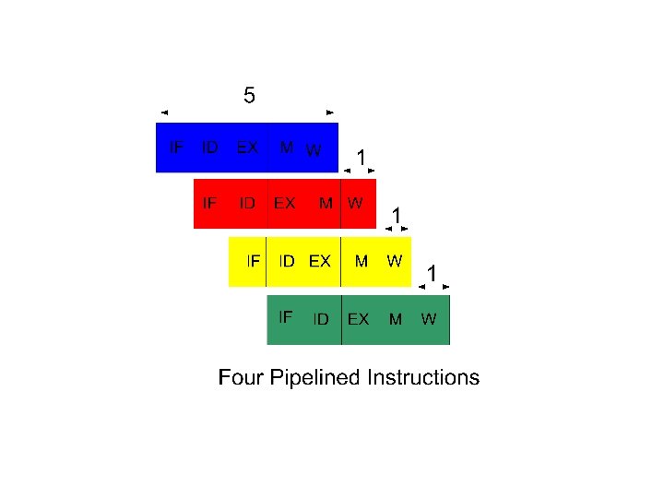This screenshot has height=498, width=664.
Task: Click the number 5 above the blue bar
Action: [x=249, y=94]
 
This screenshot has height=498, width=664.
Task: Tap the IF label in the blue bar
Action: [x=174, y=147]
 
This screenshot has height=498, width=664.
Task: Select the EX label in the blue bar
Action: [x=247, y=147]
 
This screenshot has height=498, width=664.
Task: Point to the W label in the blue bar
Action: [x=314, y=149]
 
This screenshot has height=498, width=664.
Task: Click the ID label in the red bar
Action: [x=247, y=203]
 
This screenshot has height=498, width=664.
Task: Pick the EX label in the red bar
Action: [x=284, y=203]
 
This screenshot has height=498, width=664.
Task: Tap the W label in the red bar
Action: [x=355, y=203]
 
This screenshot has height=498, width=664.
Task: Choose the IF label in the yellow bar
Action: [x=253, y=261]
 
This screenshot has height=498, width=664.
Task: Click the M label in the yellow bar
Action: [x=362, y=261]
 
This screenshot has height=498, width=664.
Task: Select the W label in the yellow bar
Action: [x=394, y=261]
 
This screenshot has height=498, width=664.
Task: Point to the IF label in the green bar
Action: [x=286, y=316]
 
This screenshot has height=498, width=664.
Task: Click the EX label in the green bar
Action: [x=358, y=319]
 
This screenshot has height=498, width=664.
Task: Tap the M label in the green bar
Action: [x=396, y=319]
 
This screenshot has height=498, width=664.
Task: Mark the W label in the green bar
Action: [x=429, y=319]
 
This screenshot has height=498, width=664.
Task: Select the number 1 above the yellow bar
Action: [x=396, y=215]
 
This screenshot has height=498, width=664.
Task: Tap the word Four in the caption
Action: [x=238, y=377]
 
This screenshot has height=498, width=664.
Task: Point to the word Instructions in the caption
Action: [x=423, y=377]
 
